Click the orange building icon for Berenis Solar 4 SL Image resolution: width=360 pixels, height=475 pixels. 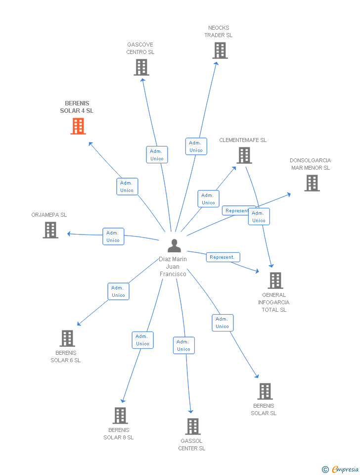click(x=78, y=126)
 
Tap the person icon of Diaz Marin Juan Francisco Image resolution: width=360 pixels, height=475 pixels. click(x=174, y=245)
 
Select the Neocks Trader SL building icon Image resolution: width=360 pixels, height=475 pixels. click(x=220, y=50)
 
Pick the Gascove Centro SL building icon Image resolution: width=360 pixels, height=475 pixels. click(x=141, y=67)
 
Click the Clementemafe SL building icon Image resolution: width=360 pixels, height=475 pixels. click(x=244, y=155)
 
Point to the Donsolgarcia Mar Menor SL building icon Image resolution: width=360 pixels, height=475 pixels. click(x=312, y=183)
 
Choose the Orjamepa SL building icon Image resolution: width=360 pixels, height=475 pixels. click(x=50, y=230)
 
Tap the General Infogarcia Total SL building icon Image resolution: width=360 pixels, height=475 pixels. click(x=275, y=281)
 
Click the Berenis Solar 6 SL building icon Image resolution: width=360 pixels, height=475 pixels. click(x=67, y=338)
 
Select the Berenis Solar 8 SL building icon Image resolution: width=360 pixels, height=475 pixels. click(x=120, y=416)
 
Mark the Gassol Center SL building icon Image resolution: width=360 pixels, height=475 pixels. click(x=192, y=427)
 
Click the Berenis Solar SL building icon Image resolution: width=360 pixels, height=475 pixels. click(x=265, y=391)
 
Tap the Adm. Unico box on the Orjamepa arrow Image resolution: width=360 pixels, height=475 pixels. click(x=113, y=237)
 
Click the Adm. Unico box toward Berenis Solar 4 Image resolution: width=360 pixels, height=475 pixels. click(x=127, y=187)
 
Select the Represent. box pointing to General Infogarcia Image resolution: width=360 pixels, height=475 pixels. click(x=223, y=257)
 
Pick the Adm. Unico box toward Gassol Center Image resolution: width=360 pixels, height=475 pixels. click(x=183, y=345)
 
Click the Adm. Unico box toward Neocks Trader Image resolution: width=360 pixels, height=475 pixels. click(x=196, y=146)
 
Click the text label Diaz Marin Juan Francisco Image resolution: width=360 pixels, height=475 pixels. click(x=173, y=267)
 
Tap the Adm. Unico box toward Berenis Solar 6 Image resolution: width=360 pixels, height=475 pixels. click(x=118, y=291)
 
